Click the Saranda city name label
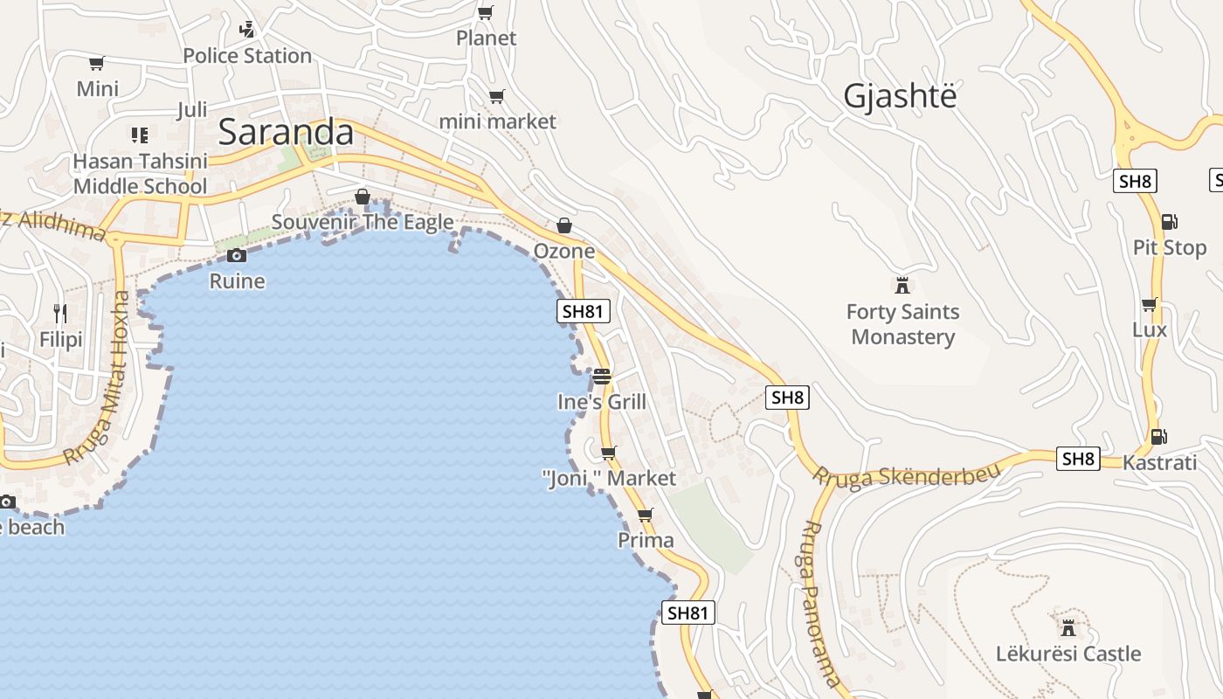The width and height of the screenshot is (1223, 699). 286,132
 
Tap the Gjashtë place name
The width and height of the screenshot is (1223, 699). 900,96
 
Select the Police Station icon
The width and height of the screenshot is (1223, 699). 247,29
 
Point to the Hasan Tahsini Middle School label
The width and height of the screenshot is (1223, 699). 140,173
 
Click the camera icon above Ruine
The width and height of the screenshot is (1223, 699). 236,255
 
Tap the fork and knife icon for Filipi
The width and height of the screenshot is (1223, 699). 60,313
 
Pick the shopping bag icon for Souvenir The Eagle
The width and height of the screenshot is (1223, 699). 362,197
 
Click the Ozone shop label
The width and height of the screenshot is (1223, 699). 564,251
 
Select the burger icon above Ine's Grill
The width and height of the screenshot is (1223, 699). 602,377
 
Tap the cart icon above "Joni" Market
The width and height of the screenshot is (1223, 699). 608,453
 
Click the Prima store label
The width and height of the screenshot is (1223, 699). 646,540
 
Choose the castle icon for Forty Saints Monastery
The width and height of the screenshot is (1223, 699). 902,285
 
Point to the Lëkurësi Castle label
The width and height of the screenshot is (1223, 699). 1068,654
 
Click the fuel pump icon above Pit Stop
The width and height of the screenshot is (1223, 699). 1169,222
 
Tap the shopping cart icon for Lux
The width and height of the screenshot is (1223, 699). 1150,304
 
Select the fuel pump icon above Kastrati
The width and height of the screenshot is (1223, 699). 1159,436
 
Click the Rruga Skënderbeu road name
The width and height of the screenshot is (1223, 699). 905,476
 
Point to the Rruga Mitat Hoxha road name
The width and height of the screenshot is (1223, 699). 98,377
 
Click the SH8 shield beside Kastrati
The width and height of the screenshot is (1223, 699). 1078,458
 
